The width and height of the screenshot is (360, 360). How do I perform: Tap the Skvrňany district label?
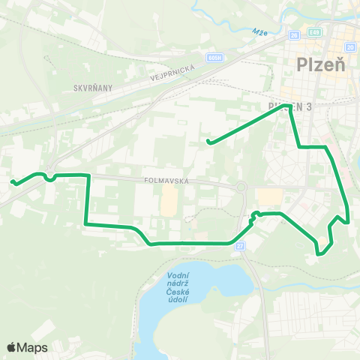pos(92,88)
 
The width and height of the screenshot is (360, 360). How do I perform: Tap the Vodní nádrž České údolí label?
pos(178,288)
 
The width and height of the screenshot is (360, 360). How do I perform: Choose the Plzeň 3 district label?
pos(289,106)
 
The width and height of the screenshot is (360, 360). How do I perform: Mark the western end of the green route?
pos(12,181)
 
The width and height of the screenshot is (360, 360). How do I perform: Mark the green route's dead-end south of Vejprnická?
pos(208,142)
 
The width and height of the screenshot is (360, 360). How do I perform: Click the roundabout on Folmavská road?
pos(241,187)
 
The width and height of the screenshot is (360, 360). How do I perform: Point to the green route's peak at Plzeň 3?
pos(285,105)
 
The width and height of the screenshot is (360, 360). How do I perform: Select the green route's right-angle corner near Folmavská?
pos(89,175)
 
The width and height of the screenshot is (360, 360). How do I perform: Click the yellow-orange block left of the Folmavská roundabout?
pos(170,199)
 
